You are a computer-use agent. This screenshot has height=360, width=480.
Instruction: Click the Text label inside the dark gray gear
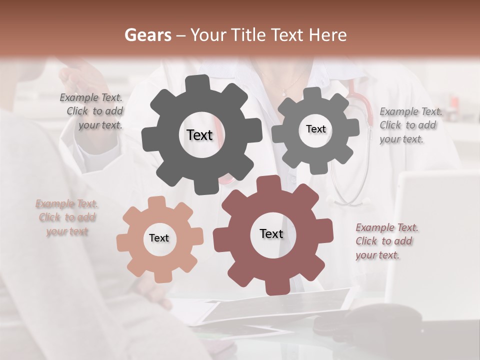pos(199,135)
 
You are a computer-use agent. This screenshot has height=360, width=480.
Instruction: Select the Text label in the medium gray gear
pos(315,129)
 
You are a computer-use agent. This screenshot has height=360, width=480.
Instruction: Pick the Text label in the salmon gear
pos(159,238)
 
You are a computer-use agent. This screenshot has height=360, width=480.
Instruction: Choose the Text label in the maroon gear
pos(271,233)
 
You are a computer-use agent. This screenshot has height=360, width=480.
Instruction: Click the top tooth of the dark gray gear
pos(200,83)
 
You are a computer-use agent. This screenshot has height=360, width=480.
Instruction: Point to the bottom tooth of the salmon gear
pos(159,275)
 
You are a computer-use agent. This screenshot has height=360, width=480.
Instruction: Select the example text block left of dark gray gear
pos(93,111)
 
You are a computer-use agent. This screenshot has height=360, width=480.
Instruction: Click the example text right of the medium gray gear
pos(410,125)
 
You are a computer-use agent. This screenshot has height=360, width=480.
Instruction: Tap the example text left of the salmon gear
pos(66,217)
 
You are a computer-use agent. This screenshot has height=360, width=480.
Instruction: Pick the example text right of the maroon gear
pos(386,241)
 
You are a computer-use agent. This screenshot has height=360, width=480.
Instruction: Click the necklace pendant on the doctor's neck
pos(284,92)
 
